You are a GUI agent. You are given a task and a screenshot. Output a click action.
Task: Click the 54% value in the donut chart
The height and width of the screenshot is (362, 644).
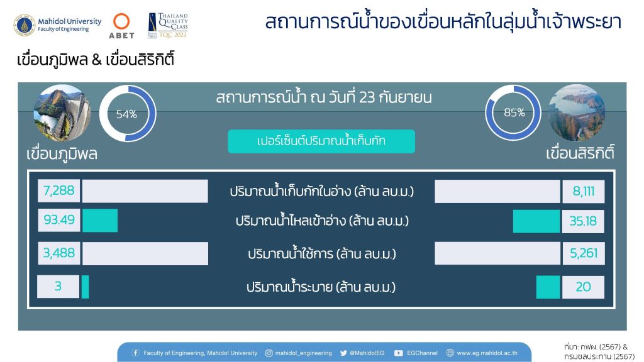pos(126,114)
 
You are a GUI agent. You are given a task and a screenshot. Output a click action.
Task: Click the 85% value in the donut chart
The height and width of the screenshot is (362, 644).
pos(514,112)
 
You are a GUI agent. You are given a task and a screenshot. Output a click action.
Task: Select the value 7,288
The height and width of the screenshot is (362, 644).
pos(58,190)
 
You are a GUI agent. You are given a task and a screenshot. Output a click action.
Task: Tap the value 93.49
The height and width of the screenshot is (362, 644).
pos(58,220)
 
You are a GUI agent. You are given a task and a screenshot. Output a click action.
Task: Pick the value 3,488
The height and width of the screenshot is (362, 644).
pos(58,253)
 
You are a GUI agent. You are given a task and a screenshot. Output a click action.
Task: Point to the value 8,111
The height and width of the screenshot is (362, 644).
pos(583,191)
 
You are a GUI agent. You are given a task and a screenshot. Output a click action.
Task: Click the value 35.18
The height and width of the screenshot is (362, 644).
pos(583,221)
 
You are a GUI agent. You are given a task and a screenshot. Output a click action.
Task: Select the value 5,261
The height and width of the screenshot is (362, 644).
pos(583,253)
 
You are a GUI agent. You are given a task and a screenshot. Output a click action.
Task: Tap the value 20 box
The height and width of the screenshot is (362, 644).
pos(583,287)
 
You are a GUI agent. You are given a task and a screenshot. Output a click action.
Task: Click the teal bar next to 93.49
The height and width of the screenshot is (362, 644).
pos(100,221)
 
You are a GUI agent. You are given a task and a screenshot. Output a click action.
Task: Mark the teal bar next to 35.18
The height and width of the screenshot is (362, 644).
pos(536,221)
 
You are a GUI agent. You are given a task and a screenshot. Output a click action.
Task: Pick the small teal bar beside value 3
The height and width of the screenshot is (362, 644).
pos(85,287)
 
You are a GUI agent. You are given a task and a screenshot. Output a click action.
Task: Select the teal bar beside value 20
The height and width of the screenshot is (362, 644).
pos(548,287)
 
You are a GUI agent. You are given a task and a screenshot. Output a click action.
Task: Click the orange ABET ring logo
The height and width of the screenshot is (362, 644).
pos(121,21)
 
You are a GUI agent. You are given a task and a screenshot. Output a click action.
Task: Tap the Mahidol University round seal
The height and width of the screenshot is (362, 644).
pos(25,25)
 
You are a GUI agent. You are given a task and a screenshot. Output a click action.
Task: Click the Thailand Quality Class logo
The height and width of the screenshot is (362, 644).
pos(167,25)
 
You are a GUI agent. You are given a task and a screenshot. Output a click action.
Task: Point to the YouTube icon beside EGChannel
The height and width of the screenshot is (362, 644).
pos(398,353)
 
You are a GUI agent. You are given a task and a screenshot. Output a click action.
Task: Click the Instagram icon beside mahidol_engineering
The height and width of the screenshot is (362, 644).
pos(269,353)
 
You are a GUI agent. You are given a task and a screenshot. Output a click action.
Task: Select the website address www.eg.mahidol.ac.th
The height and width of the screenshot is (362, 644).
pos(487,353)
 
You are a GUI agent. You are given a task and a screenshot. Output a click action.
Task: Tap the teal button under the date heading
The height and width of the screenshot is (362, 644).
pos(321,141)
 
